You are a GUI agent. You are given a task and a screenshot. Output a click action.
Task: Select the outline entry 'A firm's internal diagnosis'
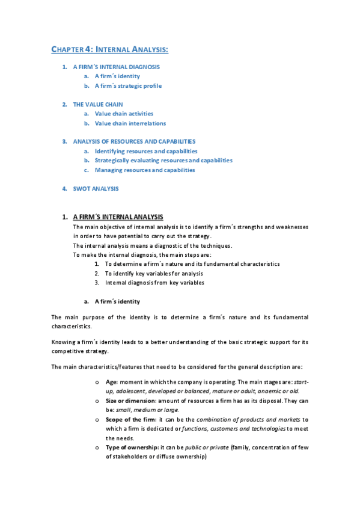[x=117, y=67]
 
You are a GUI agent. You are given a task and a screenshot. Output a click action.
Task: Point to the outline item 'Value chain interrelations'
[x=130, y=123]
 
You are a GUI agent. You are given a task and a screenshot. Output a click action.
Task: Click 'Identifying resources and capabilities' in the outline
[x=146, y=151]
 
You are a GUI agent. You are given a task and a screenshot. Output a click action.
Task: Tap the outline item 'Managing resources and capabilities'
[x=145, y=170]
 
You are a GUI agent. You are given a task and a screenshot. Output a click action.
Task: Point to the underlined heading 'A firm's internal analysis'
[x=118, y=217]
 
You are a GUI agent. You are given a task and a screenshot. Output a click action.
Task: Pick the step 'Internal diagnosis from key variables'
[x=154, y=282]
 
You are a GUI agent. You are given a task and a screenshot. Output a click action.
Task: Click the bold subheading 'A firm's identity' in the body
[x=117, y=301]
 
